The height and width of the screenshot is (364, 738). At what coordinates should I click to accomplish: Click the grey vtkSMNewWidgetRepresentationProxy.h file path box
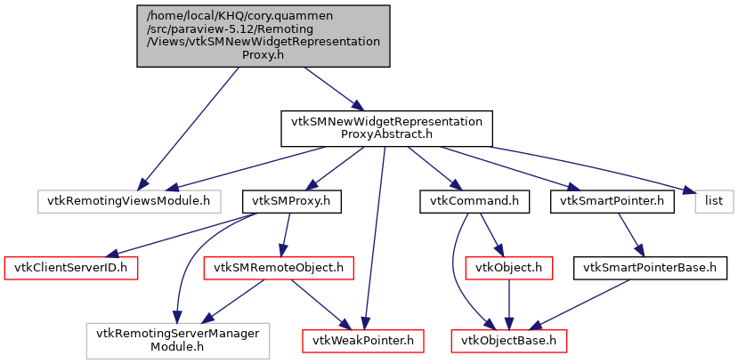click(x=264, y=36)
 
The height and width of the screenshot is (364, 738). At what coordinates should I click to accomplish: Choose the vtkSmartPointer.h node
click(x=612, y=201)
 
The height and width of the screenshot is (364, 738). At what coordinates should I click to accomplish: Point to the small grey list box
click(x=714, y=201)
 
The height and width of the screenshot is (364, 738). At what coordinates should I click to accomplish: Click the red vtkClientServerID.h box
click(x=72, y=266)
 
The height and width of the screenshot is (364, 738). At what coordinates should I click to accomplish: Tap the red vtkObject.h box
click(x=507, y=266)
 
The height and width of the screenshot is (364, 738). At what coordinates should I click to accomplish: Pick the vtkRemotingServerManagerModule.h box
click(x=178, y=339)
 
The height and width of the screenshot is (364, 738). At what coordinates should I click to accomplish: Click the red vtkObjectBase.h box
click(x=508, y=339)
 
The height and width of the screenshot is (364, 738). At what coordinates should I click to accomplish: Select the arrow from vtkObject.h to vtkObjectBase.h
click(x=507, y=303)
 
